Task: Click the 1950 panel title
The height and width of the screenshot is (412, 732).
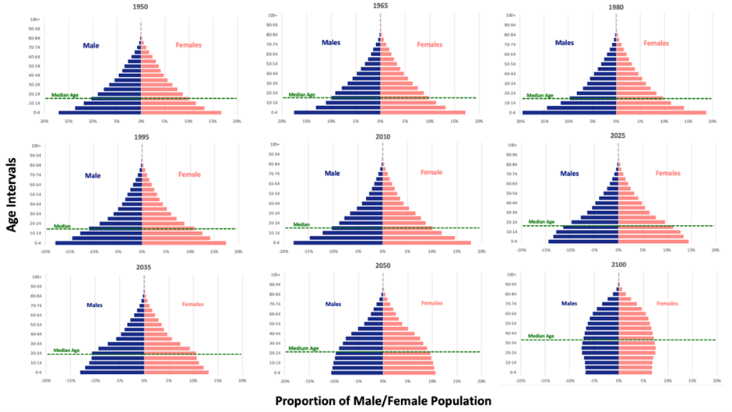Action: (140, 7)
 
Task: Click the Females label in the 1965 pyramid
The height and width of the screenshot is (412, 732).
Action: (429, 44)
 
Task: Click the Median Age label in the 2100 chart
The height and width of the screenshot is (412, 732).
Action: (541, 336)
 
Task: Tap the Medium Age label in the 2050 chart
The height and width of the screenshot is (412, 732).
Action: (304, 348)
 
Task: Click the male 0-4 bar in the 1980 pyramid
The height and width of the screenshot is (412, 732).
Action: (569, 113)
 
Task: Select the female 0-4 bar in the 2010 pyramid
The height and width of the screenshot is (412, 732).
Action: (426, 243)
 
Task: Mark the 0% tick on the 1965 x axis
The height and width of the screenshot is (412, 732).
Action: (380, 121)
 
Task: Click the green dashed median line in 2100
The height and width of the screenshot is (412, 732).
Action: (670, 340)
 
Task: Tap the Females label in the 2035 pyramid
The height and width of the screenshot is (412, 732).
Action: (194, 305)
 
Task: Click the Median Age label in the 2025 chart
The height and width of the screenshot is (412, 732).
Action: (541, 222)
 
